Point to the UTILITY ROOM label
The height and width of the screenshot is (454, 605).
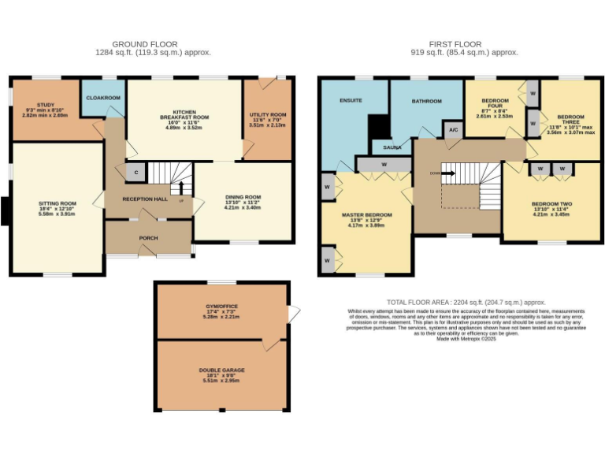tap(268, 113)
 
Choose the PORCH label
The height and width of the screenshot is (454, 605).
tap(149, 236)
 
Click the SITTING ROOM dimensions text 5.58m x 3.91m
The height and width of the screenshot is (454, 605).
tap(56, 213)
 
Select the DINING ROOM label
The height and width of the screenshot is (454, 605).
tap(243, 197)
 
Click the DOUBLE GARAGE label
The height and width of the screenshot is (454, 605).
tap(222, 370)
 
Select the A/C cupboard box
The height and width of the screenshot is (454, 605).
tap(453, 130)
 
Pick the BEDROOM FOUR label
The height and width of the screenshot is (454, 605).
tap(495, 101)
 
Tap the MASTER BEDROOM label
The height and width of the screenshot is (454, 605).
tap(366, 214)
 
